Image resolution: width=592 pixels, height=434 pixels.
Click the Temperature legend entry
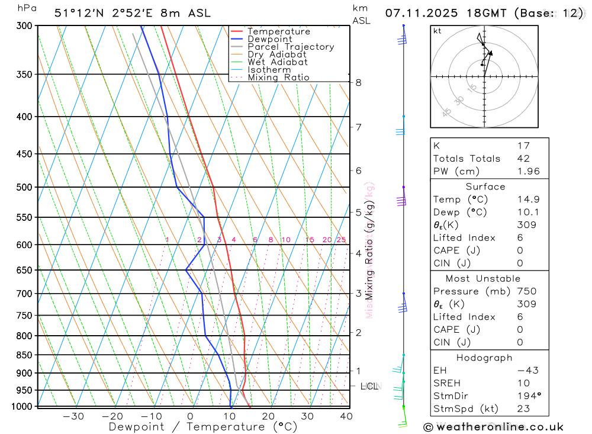pyautogui.click(x=278, y=31)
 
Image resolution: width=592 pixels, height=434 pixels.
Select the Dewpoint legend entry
pyautogui.click(x=269, y=39)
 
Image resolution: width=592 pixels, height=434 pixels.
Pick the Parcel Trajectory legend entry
pyautogui.click(x=291, y=47)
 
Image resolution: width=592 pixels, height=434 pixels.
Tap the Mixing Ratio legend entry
pyautogui.click(x=278, y=78)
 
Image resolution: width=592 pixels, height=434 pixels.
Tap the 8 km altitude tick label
pyautogui.click(x=359, y=82)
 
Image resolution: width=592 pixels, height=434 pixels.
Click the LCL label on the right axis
pyautogui.click(x=369, y=387)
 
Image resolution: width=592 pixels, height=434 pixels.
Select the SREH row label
pyautogui.click(x=446, y=383)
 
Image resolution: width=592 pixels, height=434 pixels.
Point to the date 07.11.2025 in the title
pyautogui.click(x=417, y=12)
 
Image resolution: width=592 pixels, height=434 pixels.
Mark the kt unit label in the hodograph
pyautogui.click(x=437, y=31)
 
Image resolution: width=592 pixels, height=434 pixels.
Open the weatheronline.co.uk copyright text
pyautogui.click(x=493, y=426)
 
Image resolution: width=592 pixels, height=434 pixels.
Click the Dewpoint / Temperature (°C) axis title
pyautogui.click(x=203, y=426)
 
